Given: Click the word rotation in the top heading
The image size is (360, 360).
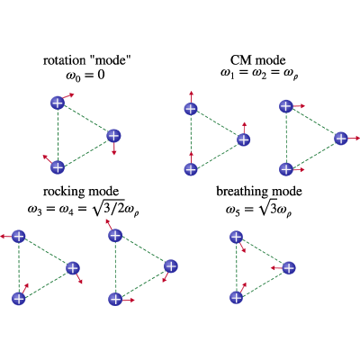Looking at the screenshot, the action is pos(64,60).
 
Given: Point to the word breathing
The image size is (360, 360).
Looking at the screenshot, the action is pos(242,192).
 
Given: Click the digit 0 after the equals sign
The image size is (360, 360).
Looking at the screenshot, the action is pos(101,75).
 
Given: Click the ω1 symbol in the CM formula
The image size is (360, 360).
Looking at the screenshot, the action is pos(227,74).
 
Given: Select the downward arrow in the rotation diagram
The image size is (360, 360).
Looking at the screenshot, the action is pos(113,148).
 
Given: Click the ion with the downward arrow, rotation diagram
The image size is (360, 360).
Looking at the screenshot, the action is pos(113,136).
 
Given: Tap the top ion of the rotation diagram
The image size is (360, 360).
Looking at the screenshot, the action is pos(58,103).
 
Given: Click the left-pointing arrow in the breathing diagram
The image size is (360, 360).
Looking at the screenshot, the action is pos(276,267).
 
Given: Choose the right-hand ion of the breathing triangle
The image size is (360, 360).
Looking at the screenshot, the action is pos(289,268).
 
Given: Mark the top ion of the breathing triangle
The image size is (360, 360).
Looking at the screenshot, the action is pos(236,237).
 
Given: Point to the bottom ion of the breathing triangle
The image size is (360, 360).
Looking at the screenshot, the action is pos(236,298).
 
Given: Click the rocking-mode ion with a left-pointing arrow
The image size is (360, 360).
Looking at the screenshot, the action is pos(19,237).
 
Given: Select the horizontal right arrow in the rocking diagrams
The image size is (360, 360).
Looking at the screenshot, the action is pos(128,300).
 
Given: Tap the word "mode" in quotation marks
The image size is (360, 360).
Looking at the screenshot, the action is pos(112,60).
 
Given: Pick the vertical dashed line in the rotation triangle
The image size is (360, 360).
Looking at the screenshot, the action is pos(58,135).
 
